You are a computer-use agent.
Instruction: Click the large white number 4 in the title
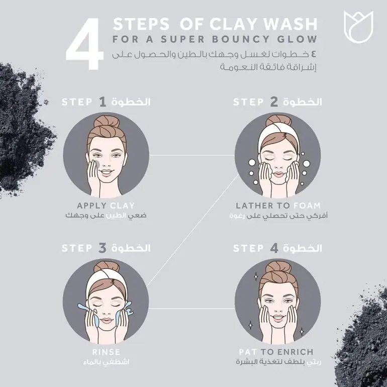(84, 44)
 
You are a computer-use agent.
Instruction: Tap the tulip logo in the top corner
(358, 27)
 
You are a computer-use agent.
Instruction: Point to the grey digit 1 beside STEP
(103, 102)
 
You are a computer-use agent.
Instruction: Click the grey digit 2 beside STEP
(274, 102)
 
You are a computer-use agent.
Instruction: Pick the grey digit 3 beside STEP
(103, 248)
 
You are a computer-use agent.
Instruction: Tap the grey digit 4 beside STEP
(274, 248)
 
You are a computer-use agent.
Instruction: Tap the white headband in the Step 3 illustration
(107, 281)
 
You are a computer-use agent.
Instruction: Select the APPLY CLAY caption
(106, 206)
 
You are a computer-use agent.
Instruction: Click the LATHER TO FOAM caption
(278, 206)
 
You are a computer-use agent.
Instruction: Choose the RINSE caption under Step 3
(106, 352)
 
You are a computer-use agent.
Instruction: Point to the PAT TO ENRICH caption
(276, 352)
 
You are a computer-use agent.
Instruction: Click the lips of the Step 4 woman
(278, 317)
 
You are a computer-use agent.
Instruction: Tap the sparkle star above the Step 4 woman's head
(256, 276)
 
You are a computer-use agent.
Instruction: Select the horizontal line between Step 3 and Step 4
(192, 308)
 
